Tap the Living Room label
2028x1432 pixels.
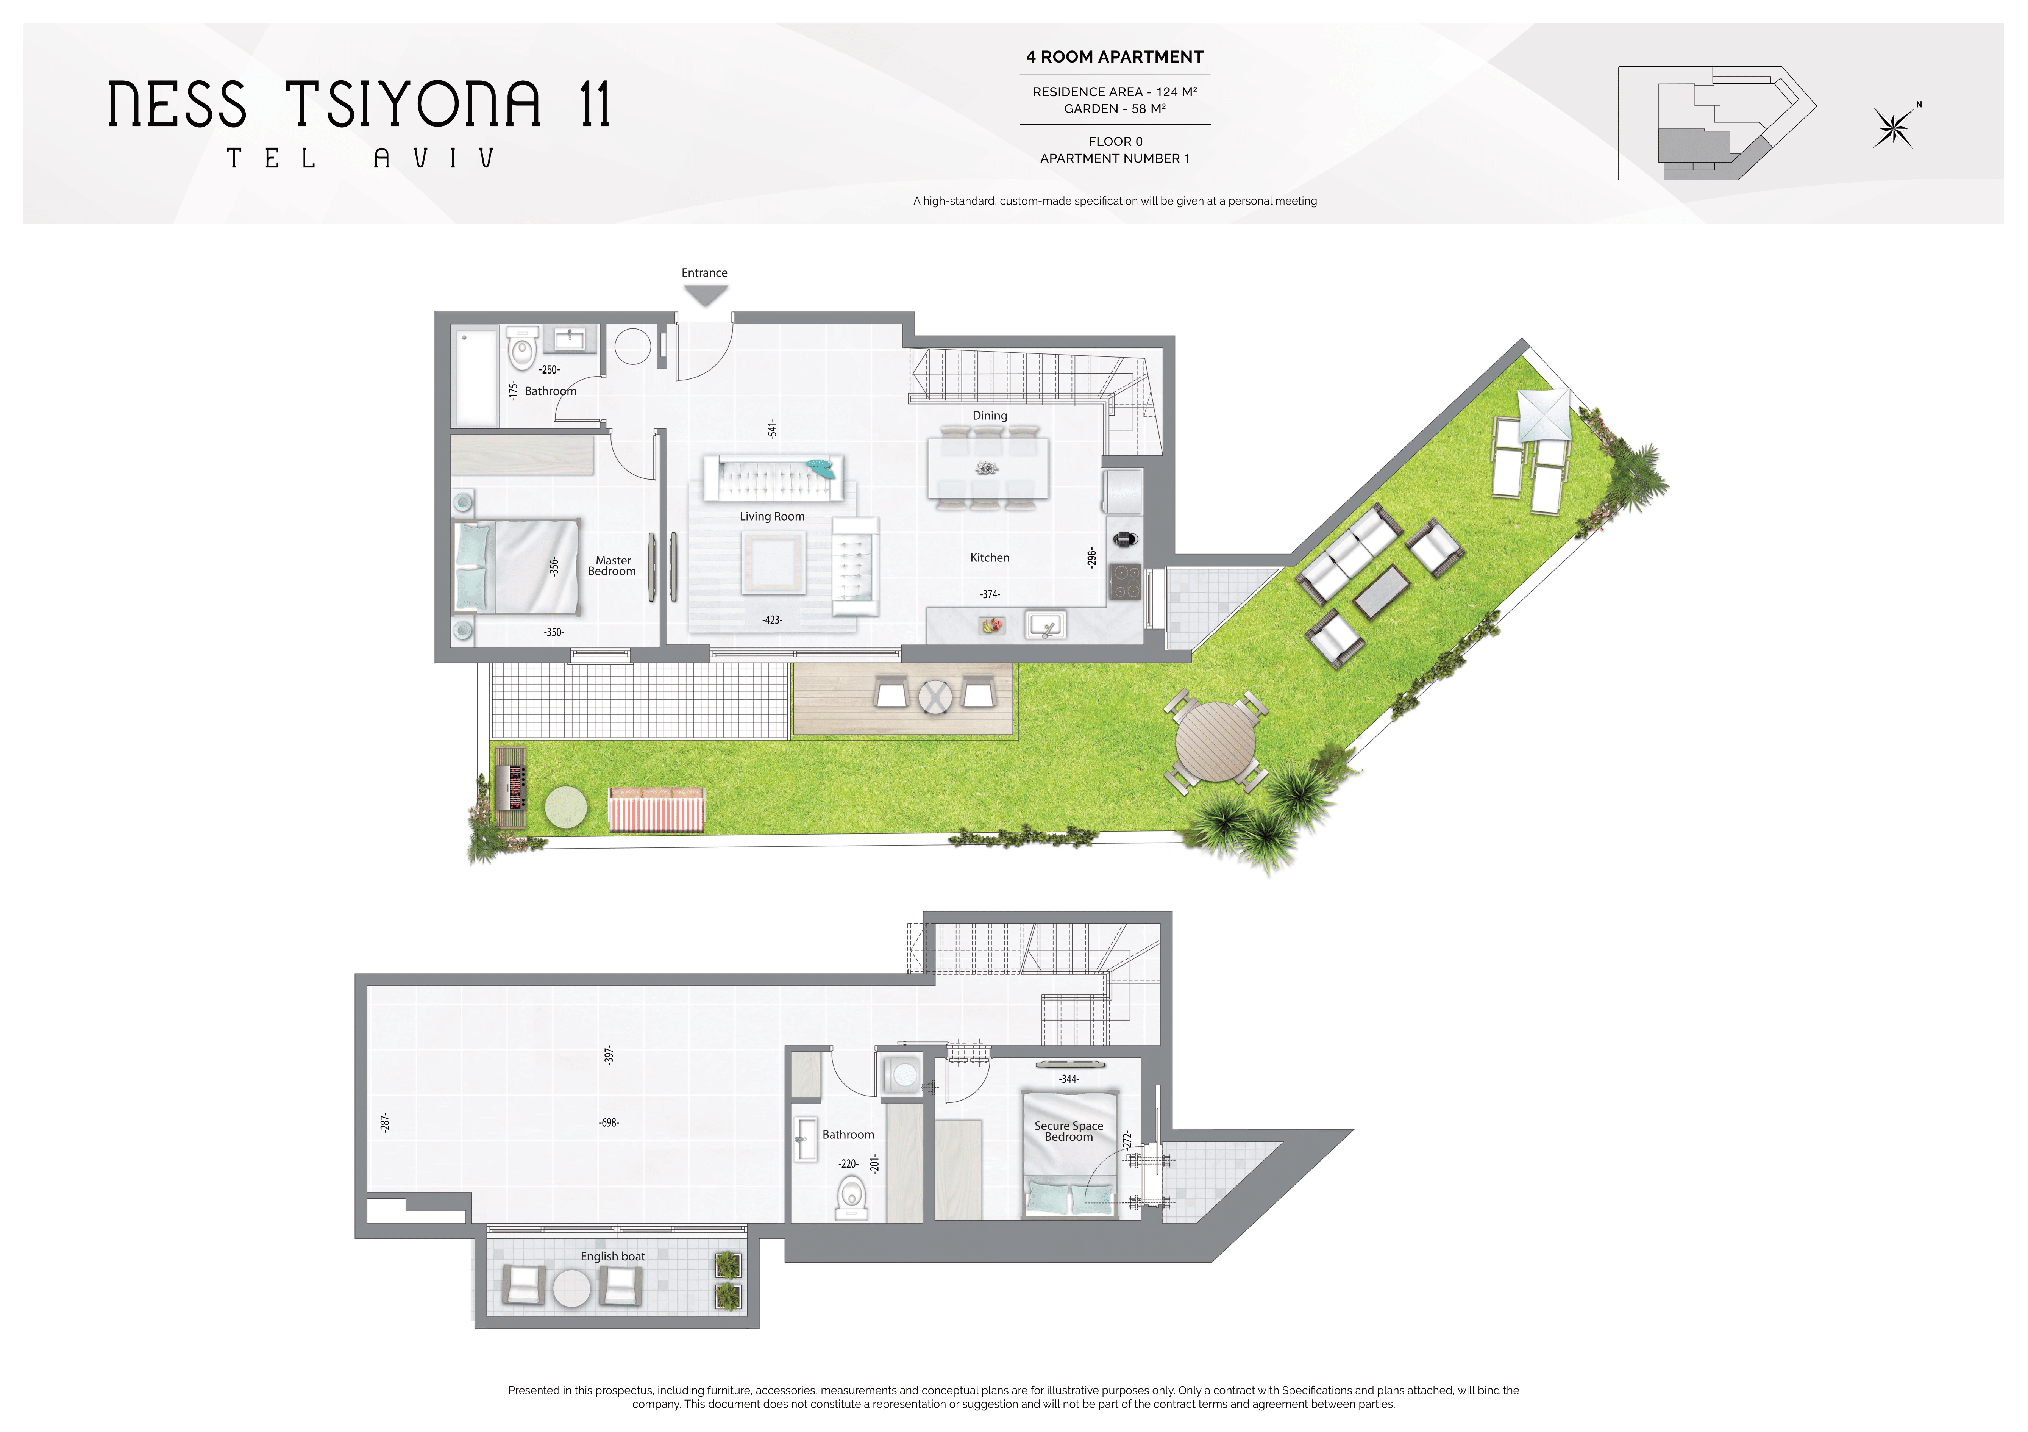[x=772, y=517]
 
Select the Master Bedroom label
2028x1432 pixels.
[x=612, y=566]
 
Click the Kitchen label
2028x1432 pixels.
[x=989, y=557]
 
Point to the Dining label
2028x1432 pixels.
[x=989, y=415]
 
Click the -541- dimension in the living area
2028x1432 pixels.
[x=772, y=429]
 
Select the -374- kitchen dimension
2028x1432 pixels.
[x=989, y=594]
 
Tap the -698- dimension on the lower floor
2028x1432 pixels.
[x=609, y=1123]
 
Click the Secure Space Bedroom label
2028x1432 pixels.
[x=1069, y=1132]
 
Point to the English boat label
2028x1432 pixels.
[x=612, y=1256]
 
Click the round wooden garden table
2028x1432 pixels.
[x=1216, y=742]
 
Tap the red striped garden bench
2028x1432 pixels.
[x=656, y=810]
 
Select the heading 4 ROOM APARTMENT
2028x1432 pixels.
[x=1115, y=56]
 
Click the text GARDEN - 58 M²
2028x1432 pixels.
[x=1115, y=109]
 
